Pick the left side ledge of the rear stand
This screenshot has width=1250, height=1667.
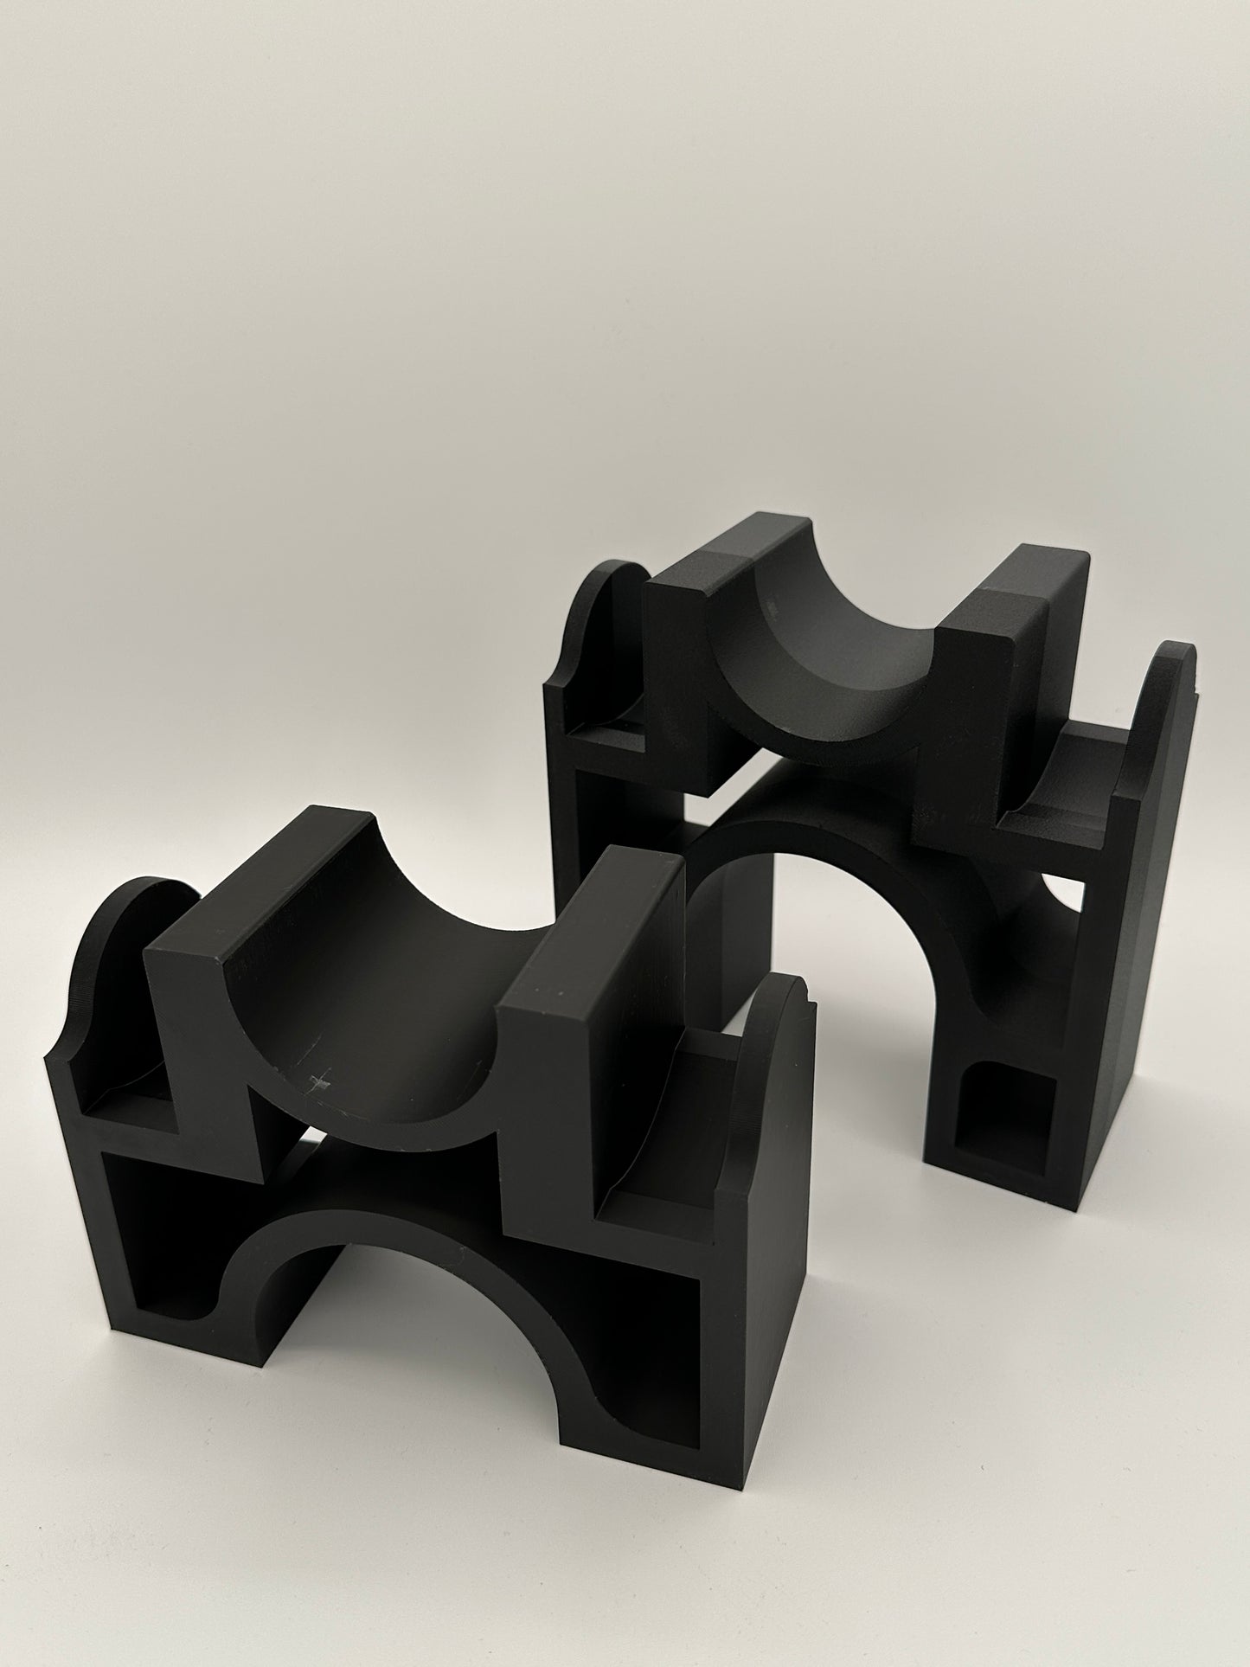[x=597, y=727]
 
